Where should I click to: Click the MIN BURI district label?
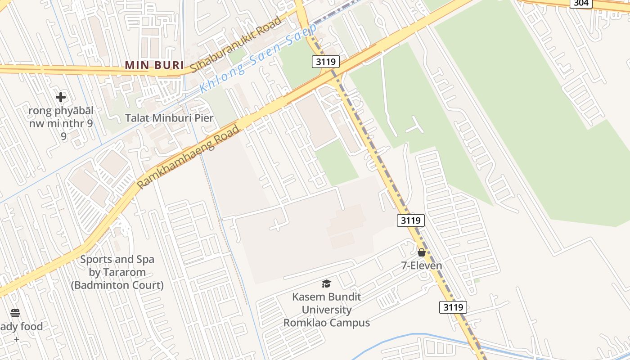coord(154,65)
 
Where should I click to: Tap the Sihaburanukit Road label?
coord(236,44)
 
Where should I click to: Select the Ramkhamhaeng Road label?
coord(188,157)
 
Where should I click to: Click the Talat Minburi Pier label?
coord(169,118)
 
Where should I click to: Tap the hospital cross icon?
coord(61,97)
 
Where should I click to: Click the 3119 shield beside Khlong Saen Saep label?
coord(325,62)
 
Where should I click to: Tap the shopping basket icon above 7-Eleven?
coord(422,252)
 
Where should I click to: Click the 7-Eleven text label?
coord(422,266)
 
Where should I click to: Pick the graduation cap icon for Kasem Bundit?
coord(326,283)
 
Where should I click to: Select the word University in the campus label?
coord(326,310)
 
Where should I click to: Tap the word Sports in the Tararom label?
coord(95,260)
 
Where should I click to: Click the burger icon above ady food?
coord(15,313)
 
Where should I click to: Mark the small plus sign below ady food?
coord(17,339)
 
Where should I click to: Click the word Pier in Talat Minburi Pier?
coord(203,118)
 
